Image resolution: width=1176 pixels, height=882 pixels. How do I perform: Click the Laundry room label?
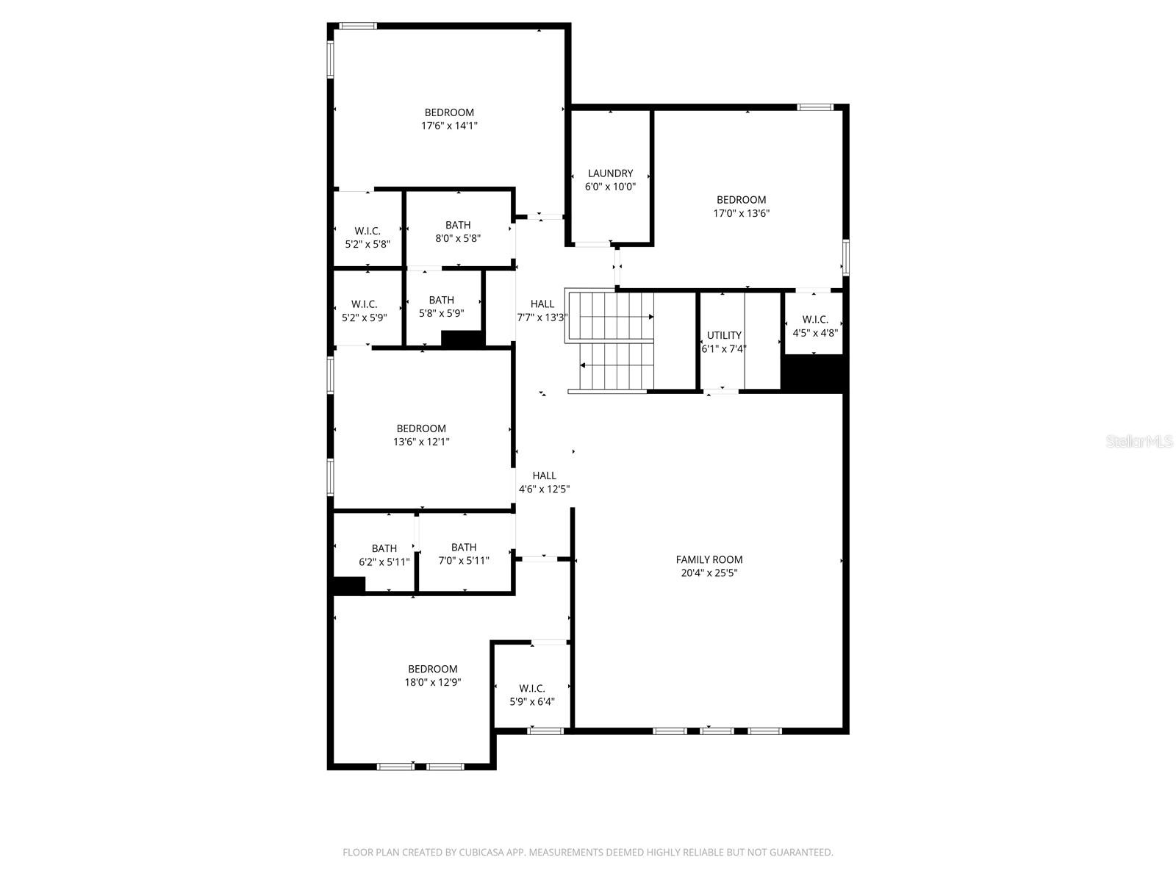coord(610,173)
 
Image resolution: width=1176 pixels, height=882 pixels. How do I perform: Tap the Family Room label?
coord(709,559)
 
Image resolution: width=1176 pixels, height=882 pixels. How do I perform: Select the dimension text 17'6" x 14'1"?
coord(449,126)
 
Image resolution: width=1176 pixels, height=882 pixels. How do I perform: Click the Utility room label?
coord(724,335)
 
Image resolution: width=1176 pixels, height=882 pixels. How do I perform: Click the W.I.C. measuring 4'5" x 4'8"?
coord(815,326)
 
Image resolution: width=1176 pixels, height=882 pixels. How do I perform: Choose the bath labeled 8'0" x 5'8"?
coord(458,232)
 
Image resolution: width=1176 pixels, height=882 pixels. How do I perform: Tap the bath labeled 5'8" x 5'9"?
coord(441,306)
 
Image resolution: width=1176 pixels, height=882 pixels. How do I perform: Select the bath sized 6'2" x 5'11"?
coord(384,555)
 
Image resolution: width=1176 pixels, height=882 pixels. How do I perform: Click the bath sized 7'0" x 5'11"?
coord(464,553)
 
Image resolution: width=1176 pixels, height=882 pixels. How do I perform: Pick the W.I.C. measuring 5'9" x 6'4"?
coord(532,695)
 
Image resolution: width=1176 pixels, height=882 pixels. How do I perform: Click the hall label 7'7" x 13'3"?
coord(542,311)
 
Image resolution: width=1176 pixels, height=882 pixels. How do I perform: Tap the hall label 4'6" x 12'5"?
coord(545,482)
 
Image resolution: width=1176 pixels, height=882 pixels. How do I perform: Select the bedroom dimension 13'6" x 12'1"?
coord(421,442)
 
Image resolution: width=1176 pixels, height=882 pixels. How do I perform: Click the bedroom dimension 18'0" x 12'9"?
coord(433,682)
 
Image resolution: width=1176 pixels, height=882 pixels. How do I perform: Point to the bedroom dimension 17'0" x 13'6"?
coord(742,213)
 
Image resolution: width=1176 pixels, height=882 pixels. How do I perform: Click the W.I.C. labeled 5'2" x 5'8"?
coord(367,237)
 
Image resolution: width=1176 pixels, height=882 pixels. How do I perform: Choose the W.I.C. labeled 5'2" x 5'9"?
coord(365,311)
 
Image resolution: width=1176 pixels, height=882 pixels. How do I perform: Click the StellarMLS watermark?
coord(1139,442)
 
